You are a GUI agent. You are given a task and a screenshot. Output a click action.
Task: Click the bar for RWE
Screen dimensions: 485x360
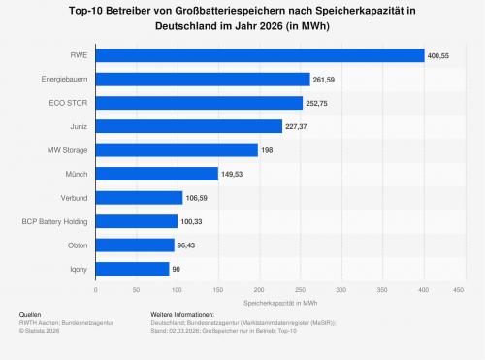260,55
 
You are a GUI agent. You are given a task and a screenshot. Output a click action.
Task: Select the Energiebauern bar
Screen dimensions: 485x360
203,80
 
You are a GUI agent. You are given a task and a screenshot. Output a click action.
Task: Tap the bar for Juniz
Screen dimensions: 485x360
189,126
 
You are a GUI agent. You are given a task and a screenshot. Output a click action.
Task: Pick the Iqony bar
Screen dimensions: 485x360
132,269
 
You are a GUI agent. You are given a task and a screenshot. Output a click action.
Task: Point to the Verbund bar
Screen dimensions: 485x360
139,198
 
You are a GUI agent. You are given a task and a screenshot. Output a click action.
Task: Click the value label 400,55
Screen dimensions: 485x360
438,56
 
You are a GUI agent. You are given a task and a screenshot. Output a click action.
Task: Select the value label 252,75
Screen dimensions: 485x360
316,103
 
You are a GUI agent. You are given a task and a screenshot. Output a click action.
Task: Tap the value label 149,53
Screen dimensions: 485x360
232,175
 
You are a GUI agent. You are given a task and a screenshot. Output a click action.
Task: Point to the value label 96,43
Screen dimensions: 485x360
186,245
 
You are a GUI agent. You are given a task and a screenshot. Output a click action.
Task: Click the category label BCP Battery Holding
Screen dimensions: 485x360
54,221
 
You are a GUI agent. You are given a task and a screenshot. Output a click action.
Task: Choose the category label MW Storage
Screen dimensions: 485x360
67,150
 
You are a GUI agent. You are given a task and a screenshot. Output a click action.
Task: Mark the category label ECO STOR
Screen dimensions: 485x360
68,103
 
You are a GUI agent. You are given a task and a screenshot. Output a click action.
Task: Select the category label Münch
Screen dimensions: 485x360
77,174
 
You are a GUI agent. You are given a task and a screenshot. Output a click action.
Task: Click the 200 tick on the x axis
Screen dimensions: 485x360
259,290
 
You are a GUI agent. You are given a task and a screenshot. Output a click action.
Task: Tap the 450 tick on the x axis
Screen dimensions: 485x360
459,290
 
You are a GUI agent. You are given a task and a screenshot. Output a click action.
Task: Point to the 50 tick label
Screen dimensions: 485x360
136,290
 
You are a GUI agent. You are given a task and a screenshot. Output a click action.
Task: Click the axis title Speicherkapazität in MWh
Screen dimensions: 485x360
280,303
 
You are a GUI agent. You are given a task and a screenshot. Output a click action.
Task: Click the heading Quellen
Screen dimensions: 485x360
30,314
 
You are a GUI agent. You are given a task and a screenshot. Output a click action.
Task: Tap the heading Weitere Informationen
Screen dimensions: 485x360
182,314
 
